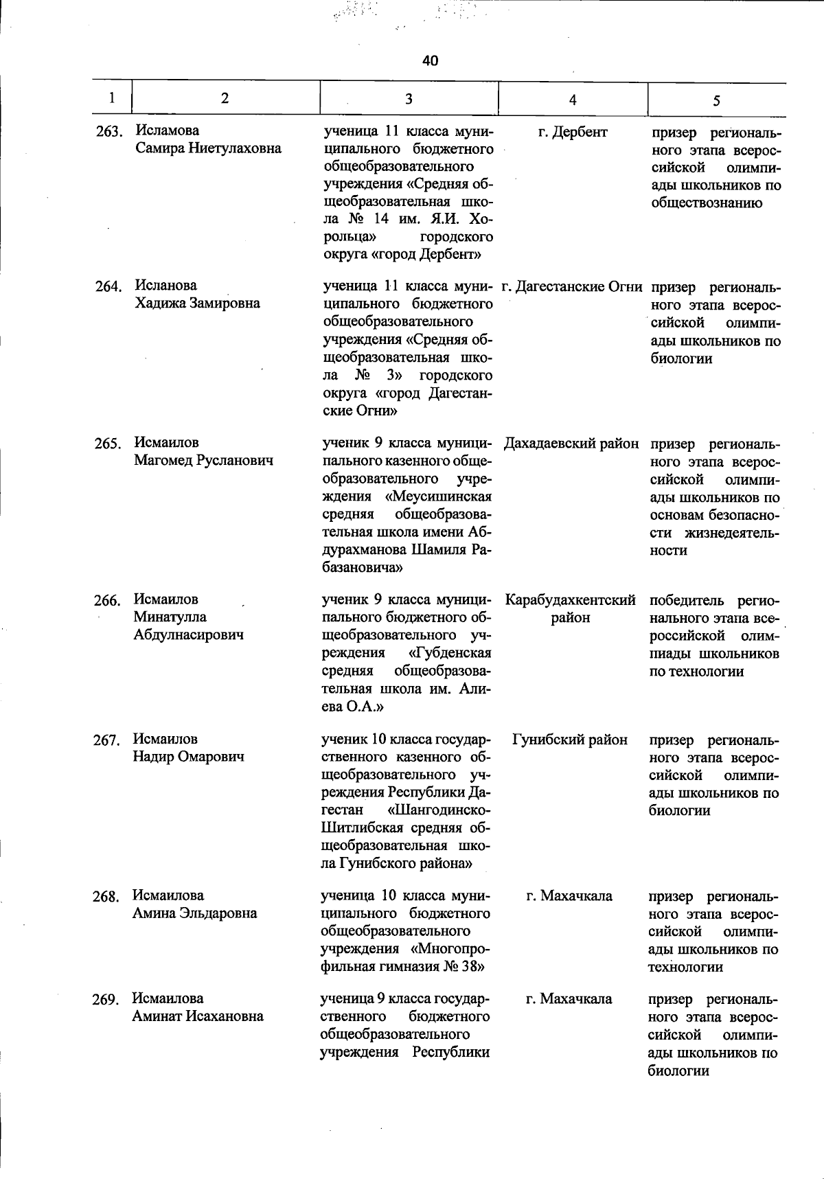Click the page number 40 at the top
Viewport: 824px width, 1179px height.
coord(430,61)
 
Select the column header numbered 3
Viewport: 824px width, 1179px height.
coord(409,99)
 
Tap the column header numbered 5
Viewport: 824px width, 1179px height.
coord(716,101)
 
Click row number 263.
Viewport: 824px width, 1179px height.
coord(108,131)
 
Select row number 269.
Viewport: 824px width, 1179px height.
coord(106,1000)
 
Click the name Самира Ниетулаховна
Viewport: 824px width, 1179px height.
coord(208,148)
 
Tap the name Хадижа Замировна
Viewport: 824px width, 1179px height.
coord(197,303)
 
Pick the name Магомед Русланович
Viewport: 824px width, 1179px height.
coord(203,460)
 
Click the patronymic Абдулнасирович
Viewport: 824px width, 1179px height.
coord(189,634)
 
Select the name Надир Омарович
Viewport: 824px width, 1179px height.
coord(188,757)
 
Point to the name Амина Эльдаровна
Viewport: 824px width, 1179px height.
coord(194,913)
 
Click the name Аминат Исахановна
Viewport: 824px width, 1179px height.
coord(198,1016)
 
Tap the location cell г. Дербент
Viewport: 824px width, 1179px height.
coord(573,132)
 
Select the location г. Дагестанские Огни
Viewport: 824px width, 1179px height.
coord(572,286)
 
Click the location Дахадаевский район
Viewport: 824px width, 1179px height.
coord(571,444)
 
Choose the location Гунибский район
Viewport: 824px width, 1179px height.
coord(570,740)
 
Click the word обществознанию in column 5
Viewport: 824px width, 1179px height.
coord(706,203)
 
